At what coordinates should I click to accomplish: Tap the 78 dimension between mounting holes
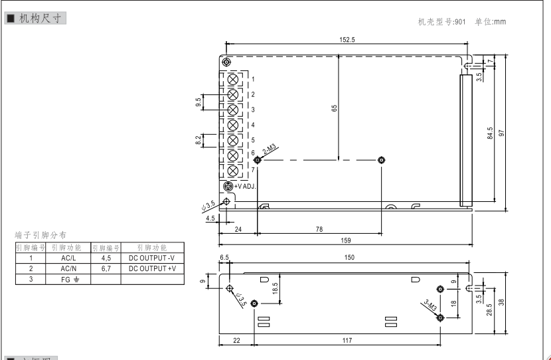click(319, 228)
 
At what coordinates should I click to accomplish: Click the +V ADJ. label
click(245, 186)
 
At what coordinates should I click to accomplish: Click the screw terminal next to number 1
click(233, 79)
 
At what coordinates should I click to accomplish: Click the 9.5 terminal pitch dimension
click(198, 102)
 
